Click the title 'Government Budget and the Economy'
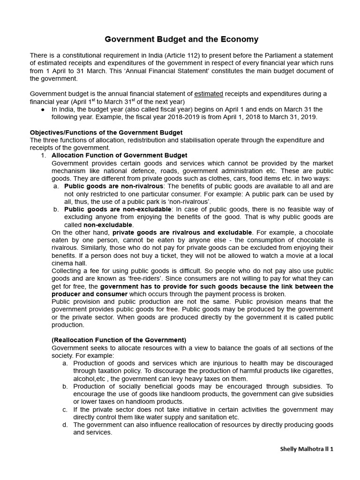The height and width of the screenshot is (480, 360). coord(181,39)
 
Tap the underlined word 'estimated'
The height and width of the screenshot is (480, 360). coord(209,94)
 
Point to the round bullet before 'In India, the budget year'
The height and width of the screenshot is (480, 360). coord(43,110)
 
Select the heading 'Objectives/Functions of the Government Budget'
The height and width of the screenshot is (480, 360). coord(106,133)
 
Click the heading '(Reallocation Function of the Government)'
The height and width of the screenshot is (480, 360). coord(119,340)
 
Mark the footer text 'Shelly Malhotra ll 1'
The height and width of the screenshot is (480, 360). coord(307,449)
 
